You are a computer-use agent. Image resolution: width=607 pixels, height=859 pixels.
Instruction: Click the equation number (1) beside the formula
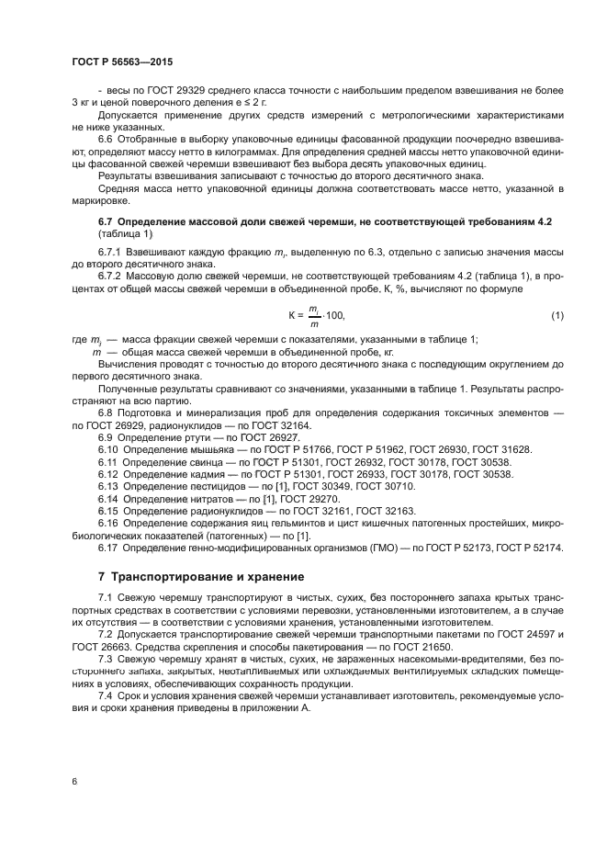[556, 316]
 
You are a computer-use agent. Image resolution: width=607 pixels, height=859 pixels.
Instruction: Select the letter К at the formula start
[292, 316]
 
